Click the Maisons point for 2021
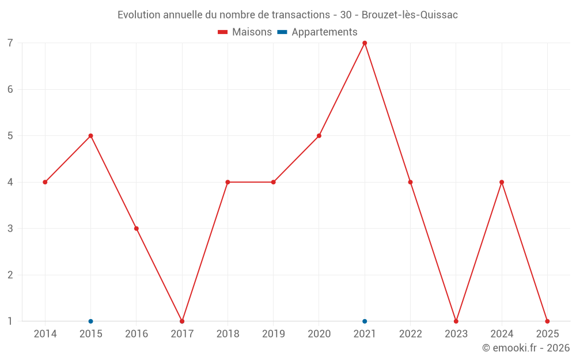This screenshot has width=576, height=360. [365, 43]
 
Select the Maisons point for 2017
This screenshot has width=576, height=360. [182, 321]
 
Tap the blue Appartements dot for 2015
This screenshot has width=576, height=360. [90, 321]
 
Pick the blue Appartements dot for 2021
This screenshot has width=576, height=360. [365, 321]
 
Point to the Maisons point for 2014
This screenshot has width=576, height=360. [45, 182]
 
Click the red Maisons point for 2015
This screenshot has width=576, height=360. [90, 136]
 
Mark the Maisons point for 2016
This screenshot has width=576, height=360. [137, 228]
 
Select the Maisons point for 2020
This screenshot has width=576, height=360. [319, 136]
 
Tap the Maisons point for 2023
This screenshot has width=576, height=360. [456, 321]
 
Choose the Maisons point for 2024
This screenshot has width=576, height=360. [502, 182]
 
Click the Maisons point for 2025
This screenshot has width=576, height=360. [547, 321]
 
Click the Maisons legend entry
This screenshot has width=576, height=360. [245, 32]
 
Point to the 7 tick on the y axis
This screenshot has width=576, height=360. [10, 43]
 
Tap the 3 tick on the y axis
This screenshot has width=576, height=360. [10, 228]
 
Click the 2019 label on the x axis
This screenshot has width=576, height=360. [274, 334]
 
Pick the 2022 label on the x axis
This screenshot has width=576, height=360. [410, 334]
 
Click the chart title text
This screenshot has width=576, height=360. [287, 15]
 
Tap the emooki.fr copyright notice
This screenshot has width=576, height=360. [525, 348]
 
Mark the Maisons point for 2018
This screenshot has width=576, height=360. [228, 182]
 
